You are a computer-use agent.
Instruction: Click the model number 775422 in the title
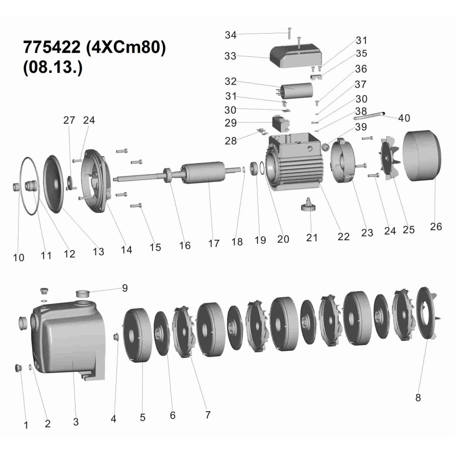(52, 47)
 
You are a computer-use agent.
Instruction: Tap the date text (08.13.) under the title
(52, 67)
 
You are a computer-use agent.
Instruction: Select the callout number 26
(435, 227)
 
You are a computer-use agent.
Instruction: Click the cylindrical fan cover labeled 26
(422, 156)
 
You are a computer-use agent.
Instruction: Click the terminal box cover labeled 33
(296, 56)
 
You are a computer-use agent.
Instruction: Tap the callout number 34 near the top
(231, 35)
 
